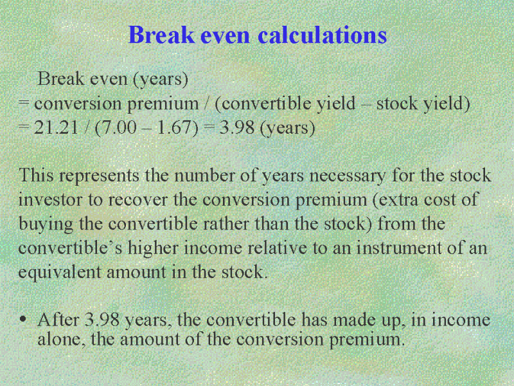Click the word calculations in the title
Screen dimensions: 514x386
(x=323, y=35)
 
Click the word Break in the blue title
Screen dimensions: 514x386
(x=161, y=35)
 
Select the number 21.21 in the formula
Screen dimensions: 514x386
(x=57, y=127)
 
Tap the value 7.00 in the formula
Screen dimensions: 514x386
(x=116, y=127)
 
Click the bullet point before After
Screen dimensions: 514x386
(x=22, y=319)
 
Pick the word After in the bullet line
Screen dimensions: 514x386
(x=58, y=319)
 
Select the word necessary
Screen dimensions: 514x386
(x=348, y=176)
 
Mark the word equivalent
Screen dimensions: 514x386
(x=60, y=272)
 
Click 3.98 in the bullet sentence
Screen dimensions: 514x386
(x=102, y=319)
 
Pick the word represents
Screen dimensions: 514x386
(x=99, y=176)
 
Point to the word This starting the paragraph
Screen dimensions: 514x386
(x=36, y=175)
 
